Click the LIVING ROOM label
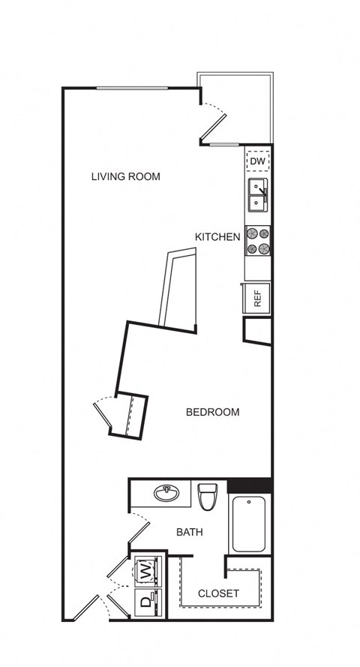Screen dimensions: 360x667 [x=126, y=176]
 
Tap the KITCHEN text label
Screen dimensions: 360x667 [x=217, y=237]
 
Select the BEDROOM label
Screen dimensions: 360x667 [x=212, y=412]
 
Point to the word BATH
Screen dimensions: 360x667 [x=190, y=532]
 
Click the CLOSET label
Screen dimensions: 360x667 [x=218, y=593]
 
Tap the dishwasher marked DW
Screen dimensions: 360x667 [x=258, y=161]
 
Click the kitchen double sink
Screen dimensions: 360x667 [x=258, y=196]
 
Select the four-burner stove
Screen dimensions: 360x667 [x=258, y=240]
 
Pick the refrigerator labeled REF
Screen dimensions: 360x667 [x=256, y=298]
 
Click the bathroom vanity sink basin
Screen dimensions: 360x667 [x=166, y=494]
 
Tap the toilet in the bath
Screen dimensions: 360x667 [x=208, y=497]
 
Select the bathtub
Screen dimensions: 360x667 [x=249, y=524]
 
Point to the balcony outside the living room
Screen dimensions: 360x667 [x=240, y=108]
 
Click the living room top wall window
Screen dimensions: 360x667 [x=132, y=88]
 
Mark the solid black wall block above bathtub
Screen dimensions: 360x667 [x=250, y=485]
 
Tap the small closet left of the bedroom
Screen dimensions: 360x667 [x=129, y=416]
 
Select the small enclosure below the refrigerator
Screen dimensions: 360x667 [x=257, y=331]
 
